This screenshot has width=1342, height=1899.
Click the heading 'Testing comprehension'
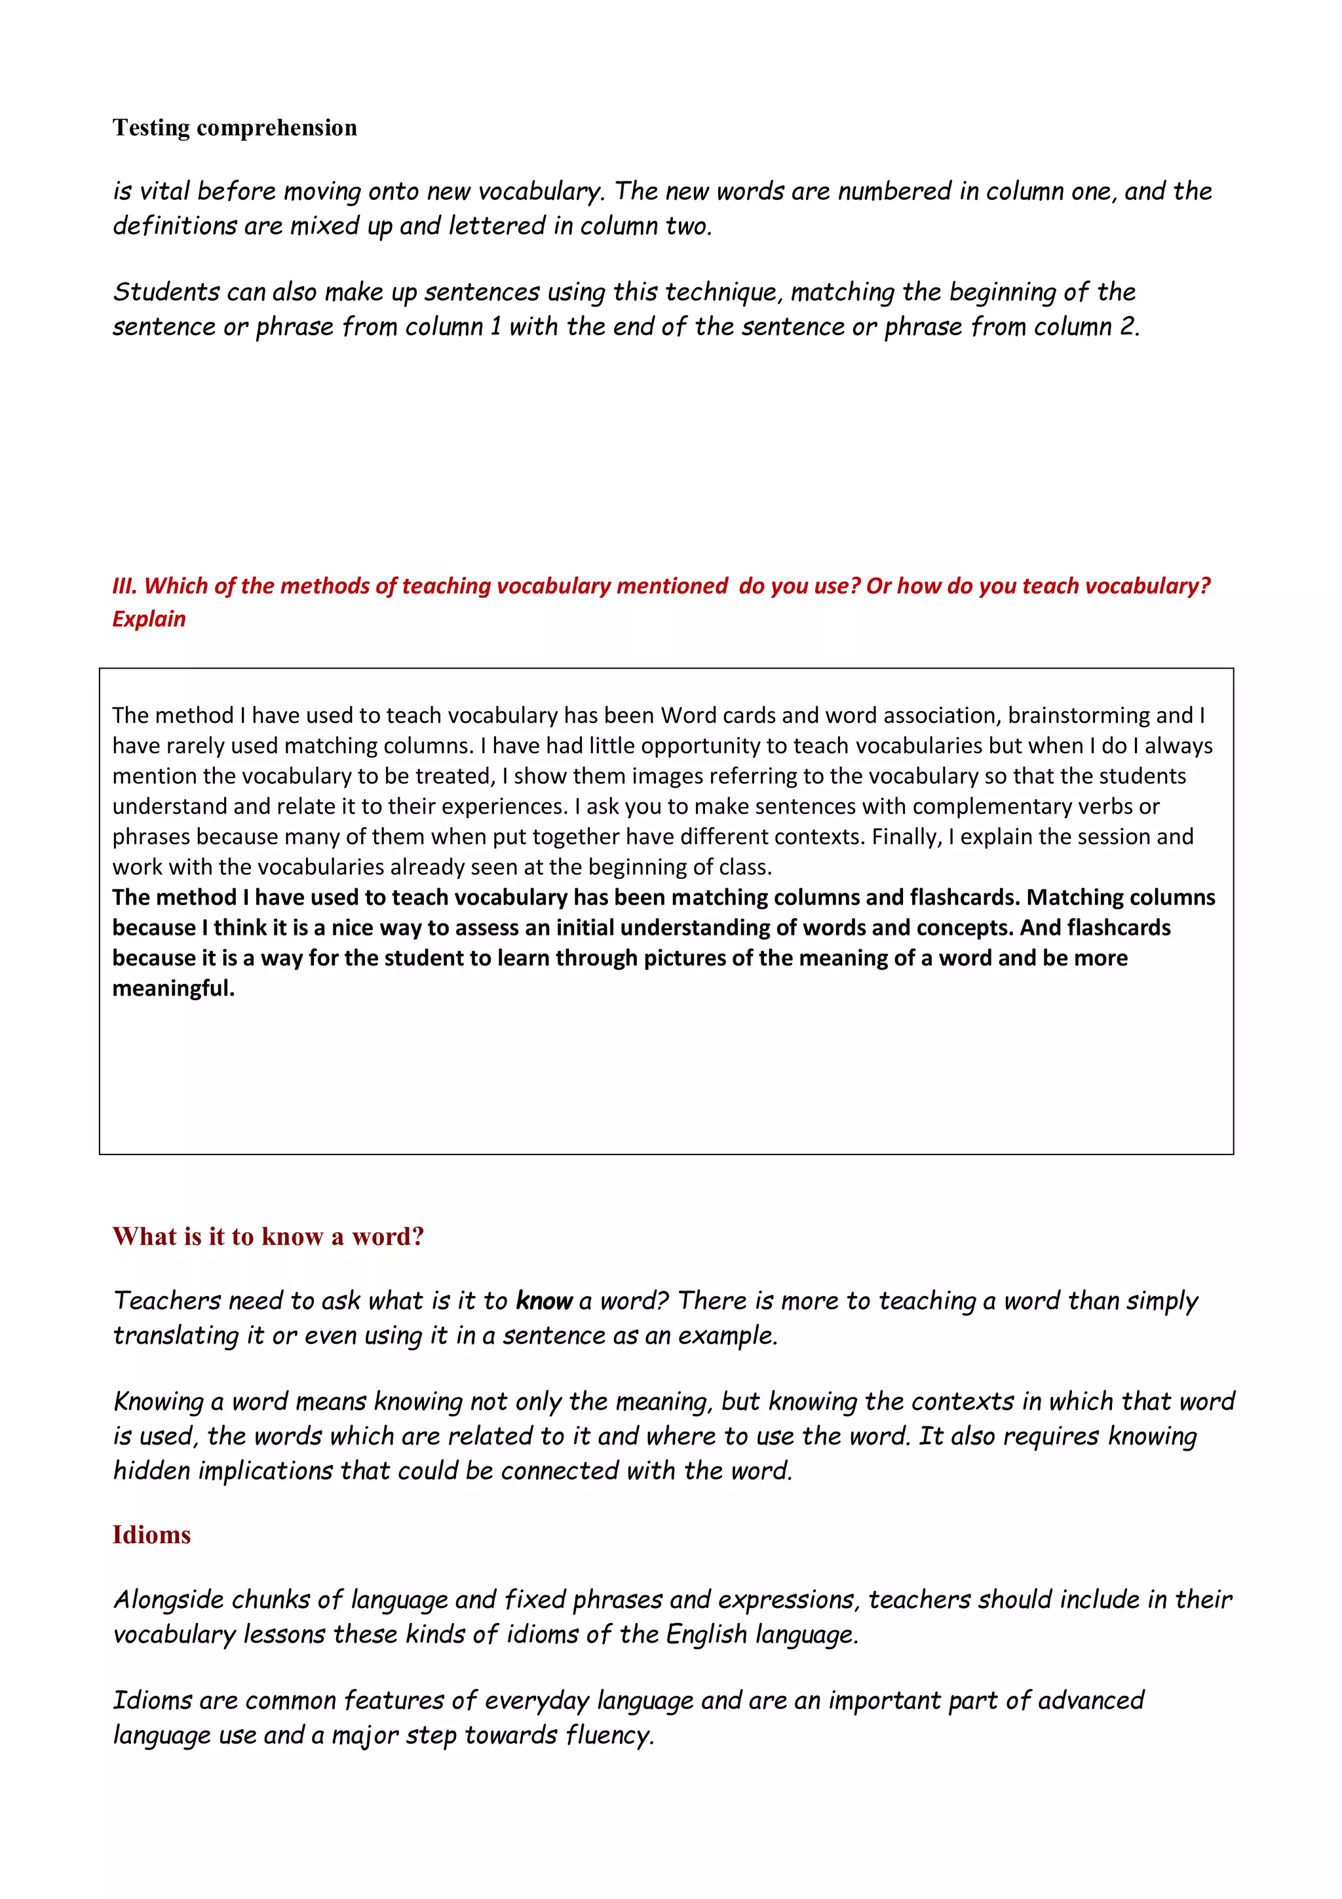click(235, 127)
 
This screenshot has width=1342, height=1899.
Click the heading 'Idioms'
click(151, 1535)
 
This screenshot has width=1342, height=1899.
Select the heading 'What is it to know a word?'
click(268, 1236)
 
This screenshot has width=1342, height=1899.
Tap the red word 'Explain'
click(149, 619)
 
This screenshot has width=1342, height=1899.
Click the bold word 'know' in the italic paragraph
click(544, 1301)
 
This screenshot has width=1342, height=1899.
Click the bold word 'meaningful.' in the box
click(174, 989)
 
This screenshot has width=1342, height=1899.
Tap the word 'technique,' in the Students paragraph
click(723, 292)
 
